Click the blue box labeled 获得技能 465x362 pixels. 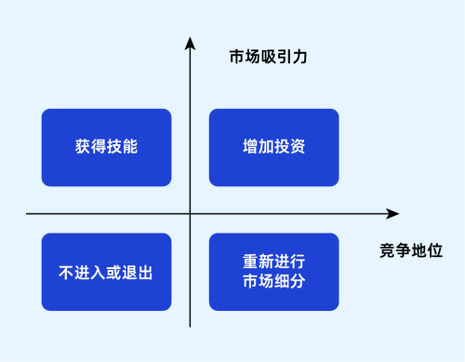point(106,147)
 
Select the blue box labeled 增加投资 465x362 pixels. point(273,147)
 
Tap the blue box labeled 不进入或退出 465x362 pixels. point(106,272)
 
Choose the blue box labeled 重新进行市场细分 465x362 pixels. point(273,272)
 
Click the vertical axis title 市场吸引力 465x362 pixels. point(268,57)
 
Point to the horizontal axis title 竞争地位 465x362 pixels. point(410,250)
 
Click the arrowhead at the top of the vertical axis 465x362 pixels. point(190,42)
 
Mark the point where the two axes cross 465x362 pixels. point(190,214)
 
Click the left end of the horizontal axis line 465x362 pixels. point(28,214)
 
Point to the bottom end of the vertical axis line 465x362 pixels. point(190,327)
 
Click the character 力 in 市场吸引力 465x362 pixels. point(299,57)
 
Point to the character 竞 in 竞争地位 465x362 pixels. point(387,250)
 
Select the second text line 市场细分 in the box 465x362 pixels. point(273,281)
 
